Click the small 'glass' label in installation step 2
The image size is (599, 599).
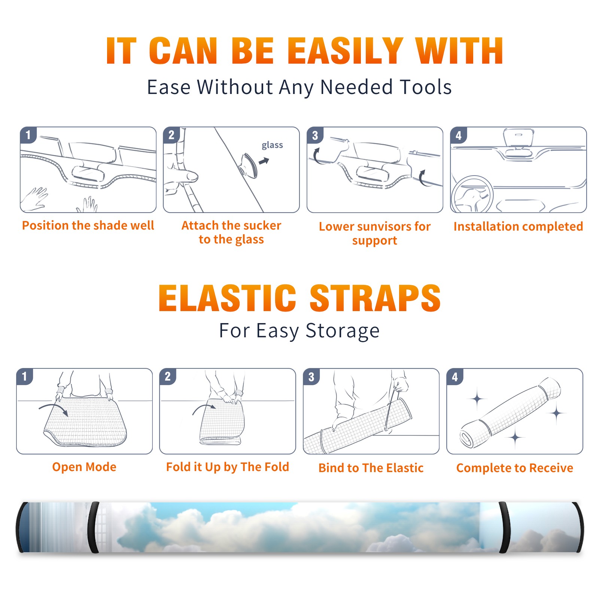tap(272, 145)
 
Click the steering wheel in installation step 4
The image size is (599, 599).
tap(472, 194)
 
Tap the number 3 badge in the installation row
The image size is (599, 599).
tap(315, 136)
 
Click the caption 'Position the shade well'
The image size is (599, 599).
tap(88, 225)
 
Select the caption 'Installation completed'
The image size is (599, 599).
tap(518, 226)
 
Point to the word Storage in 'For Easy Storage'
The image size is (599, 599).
tap(343, 331)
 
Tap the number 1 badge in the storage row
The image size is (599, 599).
tap(25, 376)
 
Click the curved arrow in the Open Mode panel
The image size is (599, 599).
tap(54, 408)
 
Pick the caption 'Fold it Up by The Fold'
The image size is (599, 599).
tap(228, 467)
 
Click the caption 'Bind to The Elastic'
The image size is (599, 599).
tap(371, 468)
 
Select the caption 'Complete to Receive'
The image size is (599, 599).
tap(515, 468)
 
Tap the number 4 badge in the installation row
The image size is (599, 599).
tap(458, 136)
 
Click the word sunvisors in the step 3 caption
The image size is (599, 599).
tap(382, 226)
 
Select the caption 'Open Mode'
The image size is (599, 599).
tap(84, 467)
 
